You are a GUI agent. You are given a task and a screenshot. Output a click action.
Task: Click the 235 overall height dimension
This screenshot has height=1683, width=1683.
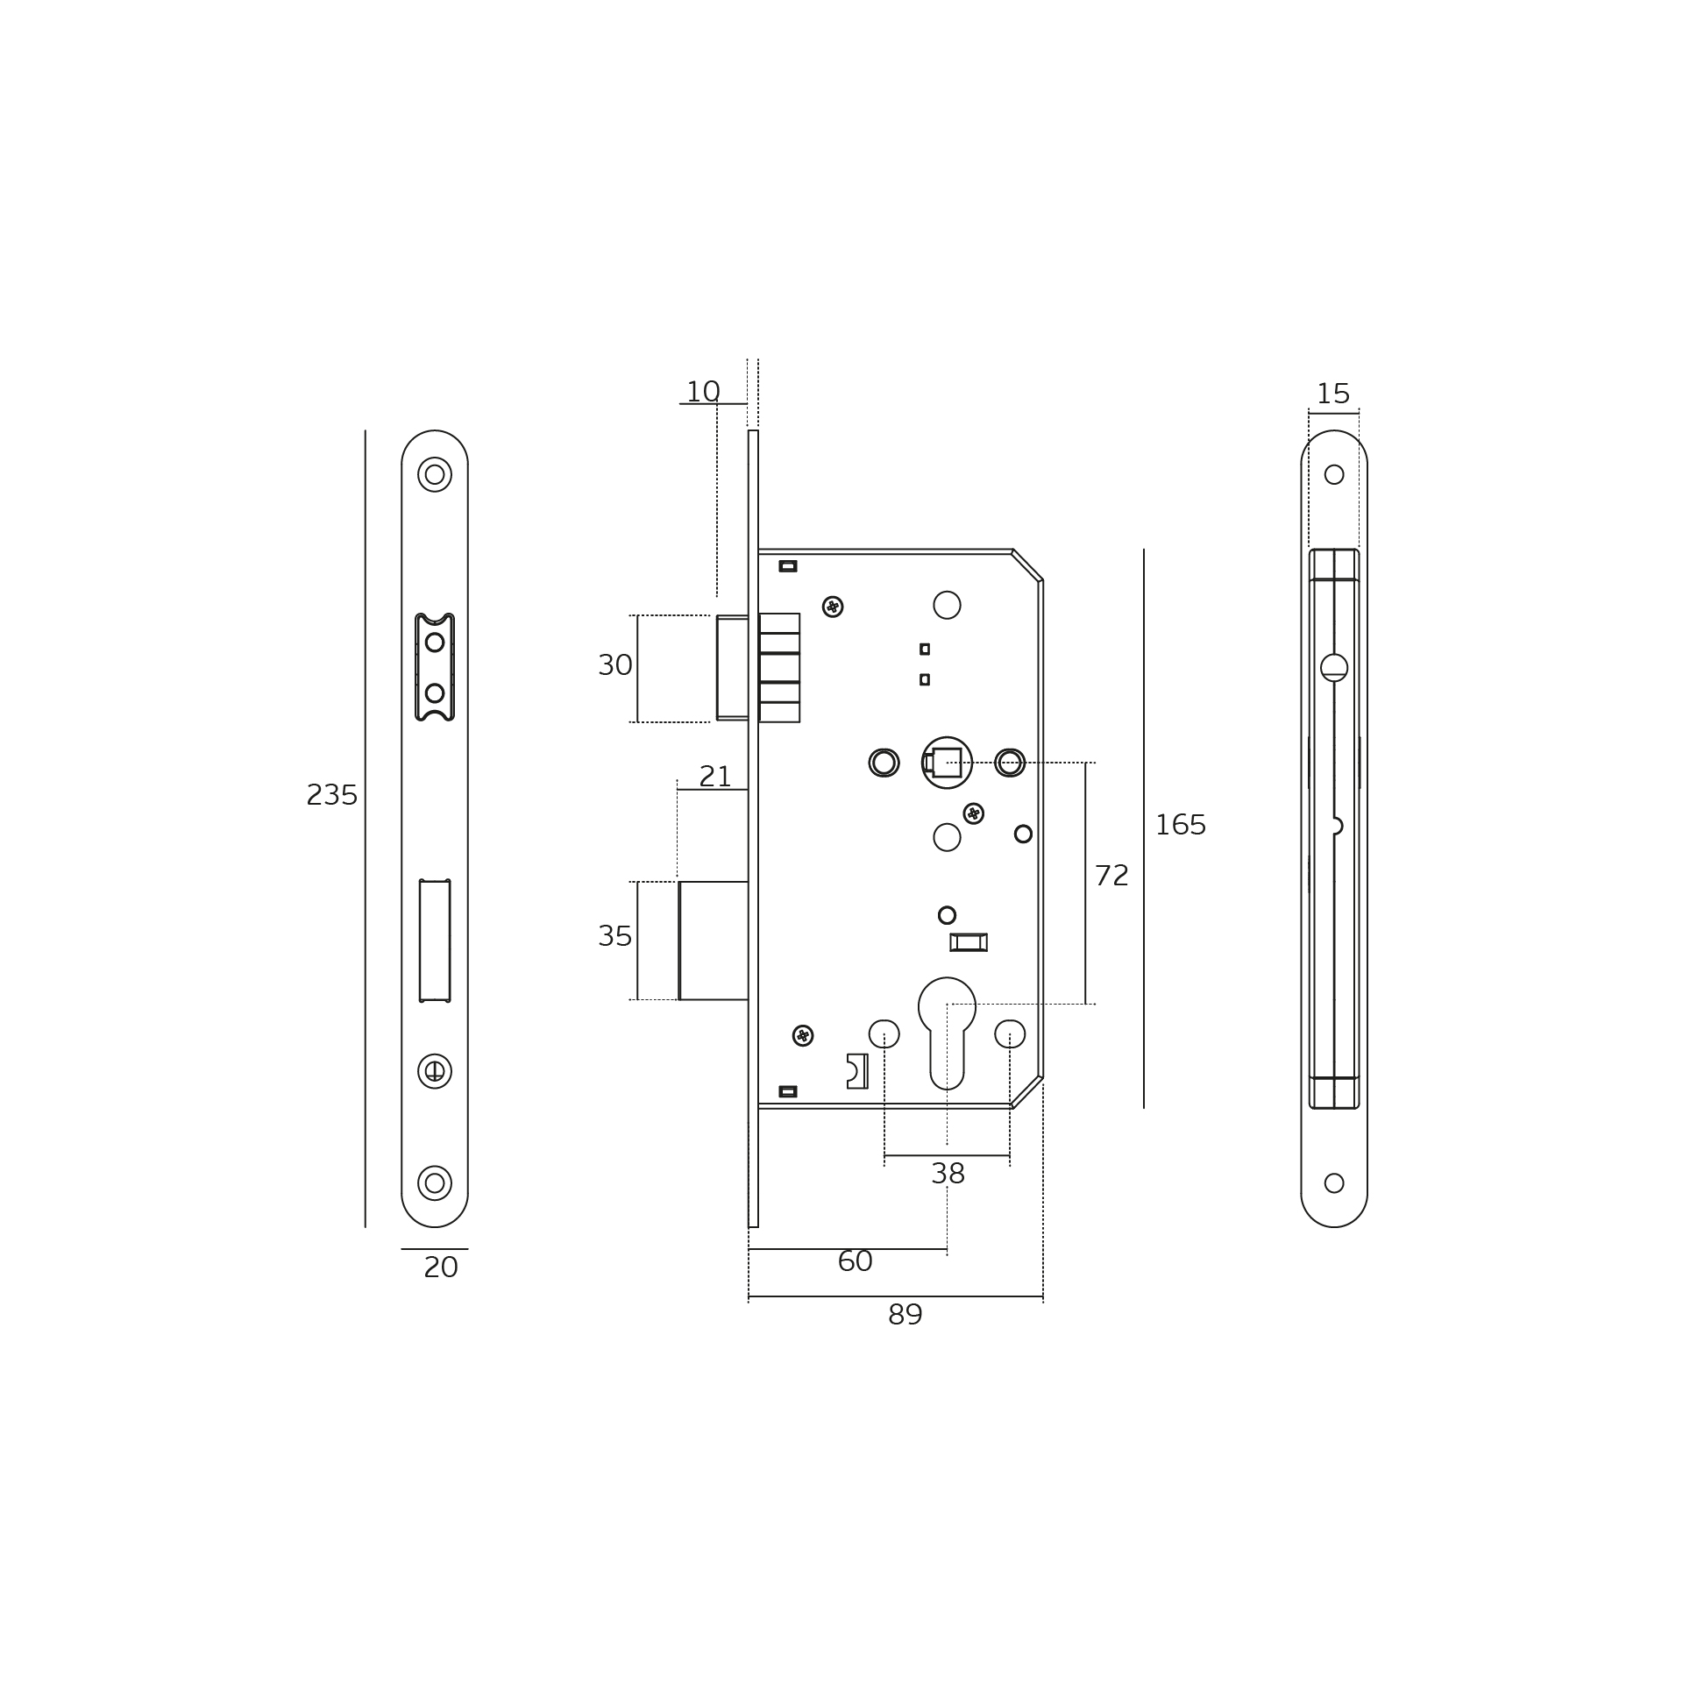(x=332, y=796)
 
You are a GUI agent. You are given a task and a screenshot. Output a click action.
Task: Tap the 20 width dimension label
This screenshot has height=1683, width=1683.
(x=441, y=1268)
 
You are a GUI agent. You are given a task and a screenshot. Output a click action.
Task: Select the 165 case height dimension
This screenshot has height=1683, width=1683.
(x=1181, y=825)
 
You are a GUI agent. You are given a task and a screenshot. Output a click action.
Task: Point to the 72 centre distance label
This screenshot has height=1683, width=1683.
(x=1111, y=876)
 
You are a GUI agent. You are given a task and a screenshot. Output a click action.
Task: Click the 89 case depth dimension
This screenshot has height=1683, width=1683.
(x=905, y=1315)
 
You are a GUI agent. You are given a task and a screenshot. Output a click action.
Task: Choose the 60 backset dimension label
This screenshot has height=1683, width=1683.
(x=856, y=1261)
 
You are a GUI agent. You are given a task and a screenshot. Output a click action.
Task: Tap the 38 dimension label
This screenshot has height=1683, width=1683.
(x=948, y=1174)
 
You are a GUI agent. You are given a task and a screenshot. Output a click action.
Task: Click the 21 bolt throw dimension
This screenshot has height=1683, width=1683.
(x=715, y=777)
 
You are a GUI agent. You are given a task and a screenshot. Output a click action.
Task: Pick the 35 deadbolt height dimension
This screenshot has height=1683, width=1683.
(x=615, y=937)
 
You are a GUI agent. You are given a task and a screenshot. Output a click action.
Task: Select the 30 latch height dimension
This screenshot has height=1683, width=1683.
(x=615, y=666)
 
